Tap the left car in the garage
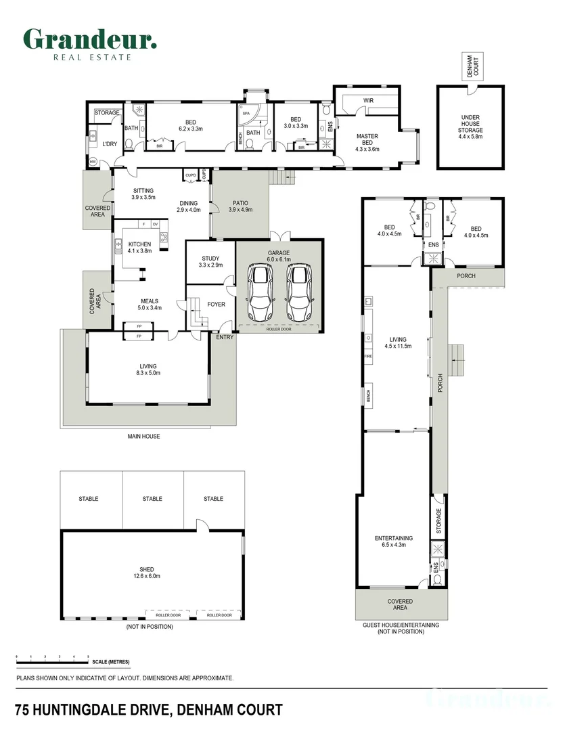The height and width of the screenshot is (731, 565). click(261, 292)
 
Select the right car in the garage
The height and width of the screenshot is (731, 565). click(300, 292)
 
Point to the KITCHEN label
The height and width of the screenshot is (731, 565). click(139, 244)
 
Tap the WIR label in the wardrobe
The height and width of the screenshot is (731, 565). click(369, 100)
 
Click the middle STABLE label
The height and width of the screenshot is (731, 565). click(152, 499)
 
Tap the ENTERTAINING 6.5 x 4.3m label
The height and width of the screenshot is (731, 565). click(394, 542)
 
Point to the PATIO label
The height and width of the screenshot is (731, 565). click(240, 202)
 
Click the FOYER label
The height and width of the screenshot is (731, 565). click(216, 305)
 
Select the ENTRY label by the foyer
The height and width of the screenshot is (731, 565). click(224, 337)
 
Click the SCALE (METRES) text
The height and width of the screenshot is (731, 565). click(112, 662)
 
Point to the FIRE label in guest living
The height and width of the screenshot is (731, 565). click(368, 355)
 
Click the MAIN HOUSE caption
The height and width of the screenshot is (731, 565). click(143, 437)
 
